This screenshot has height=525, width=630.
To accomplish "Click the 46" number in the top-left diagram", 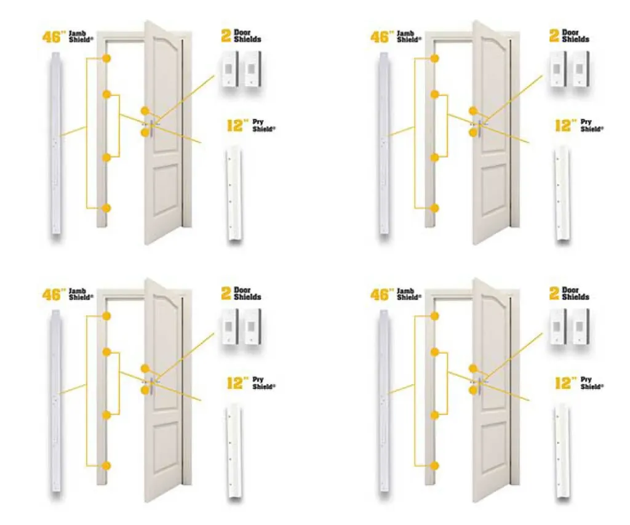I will (53, 37).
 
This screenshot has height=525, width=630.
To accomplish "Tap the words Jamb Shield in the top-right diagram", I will (406, 36).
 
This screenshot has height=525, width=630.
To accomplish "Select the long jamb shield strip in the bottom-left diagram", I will (57, 400).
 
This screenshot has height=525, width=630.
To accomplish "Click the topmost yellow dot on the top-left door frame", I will (107, 58).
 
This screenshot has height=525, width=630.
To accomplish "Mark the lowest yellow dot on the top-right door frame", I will (435, 208).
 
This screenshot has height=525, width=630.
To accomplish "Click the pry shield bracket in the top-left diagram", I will (234, 193).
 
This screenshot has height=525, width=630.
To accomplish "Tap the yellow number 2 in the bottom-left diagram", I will (226, 294).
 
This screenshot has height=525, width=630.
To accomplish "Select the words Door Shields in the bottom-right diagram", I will (575, 294).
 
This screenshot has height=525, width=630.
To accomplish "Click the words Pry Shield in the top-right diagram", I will (591, 126).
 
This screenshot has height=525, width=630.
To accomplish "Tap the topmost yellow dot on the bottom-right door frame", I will (435, 316).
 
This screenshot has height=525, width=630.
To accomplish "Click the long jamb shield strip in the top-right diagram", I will (385, 143).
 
